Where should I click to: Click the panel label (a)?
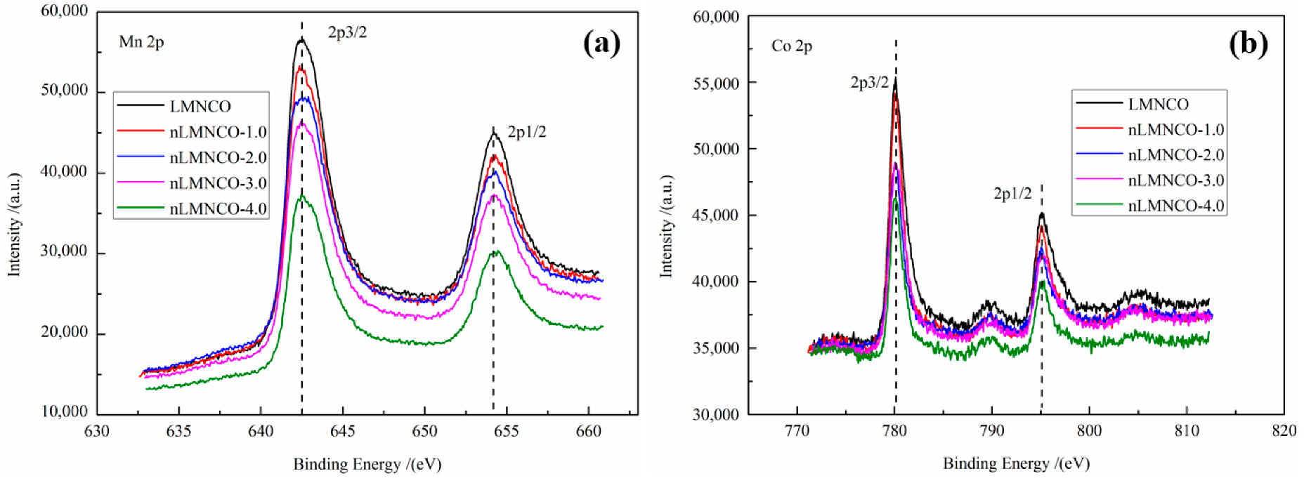[602, 43]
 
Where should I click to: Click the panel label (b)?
[1248, 44]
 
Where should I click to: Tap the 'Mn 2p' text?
[141, 42]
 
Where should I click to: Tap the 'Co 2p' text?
[792, 46]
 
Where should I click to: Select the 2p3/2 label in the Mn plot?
[347, 32]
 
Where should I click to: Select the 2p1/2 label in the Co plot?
[1012, 194]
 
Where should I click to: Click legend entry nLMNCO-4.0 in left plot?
[218, 208]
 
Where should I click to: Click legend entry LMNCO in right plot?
[1158, 105]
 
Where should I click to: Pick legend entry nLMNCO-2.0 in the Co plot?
[1175, 155]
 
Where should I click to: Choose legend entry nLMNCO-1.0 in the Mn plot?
[218, 132]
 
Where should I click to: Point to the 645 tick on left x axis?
[342, 431]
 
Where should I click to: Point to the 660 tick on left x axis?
[589, 431]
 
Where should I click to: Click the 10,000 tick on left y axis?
[65, 411]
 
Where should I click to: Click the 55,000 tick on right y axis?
[716, 84]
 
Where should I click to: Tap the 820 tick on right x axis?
[1284, 431]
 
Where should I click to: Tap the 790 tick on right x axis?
[991, 431]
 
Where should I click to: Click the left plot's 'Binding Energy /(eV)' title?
[367, 464]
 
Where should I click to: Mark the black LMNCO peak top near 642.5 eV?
[301, 39]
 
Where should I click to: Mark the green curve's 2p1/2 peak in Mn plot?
[495, 251]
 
